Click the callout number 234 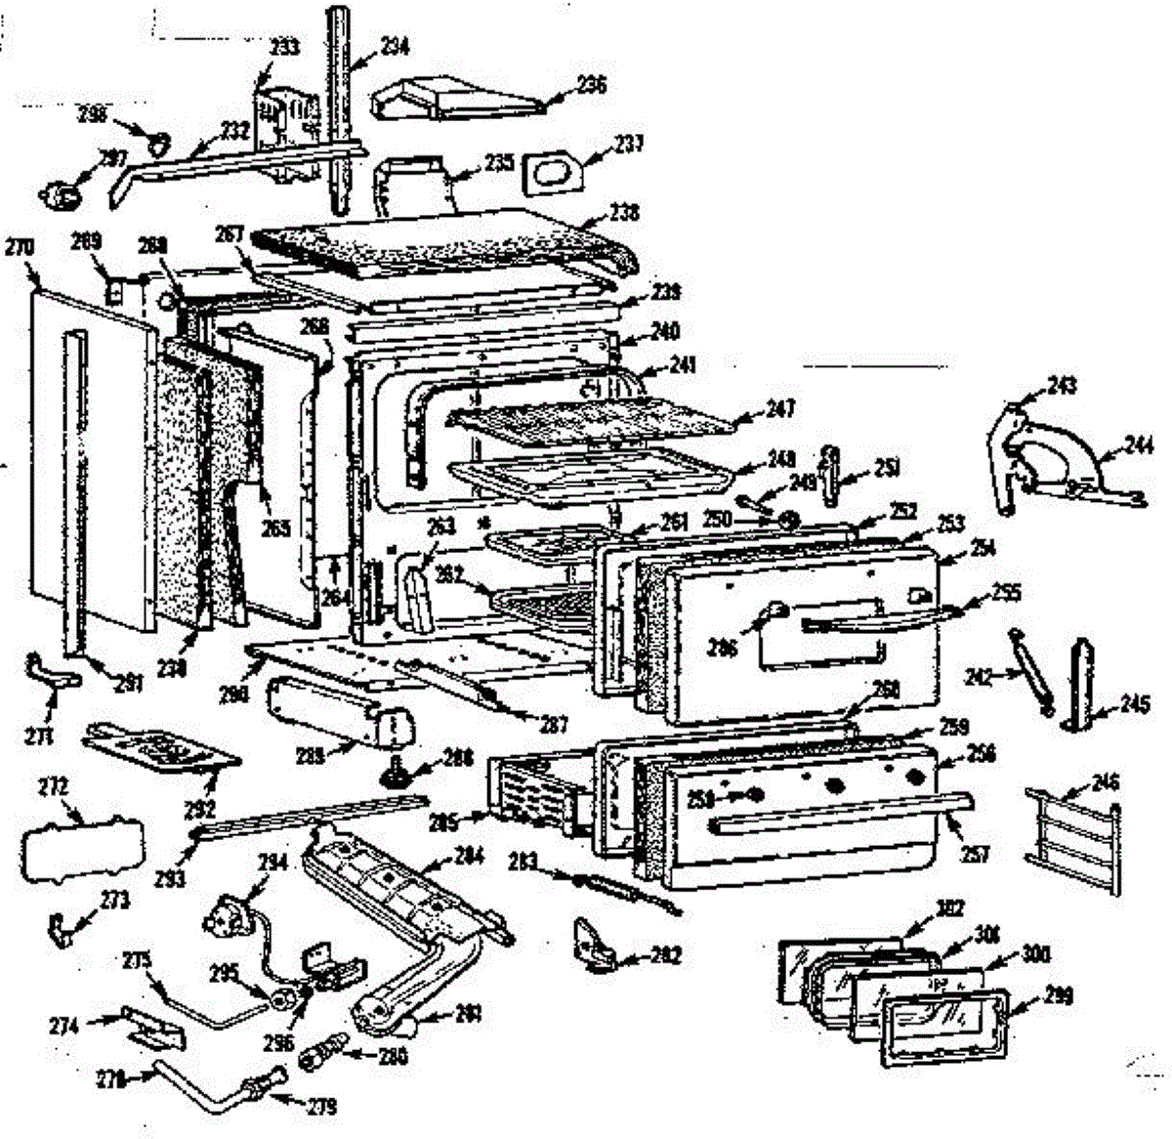(396, 46)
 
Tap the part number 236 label (591, 84)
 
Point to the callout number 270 (20, 247)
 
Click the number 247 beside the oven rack (780, 408)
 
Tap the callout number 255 (1006, 592)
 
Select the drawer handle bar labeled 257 (840, 813)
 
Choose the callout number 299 (1058, 995)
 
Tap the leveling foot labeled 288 (397, 774)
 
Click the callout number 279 (321, 1107)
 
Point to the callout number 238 (624, 212)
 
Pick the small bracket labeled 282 (592, 944)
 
